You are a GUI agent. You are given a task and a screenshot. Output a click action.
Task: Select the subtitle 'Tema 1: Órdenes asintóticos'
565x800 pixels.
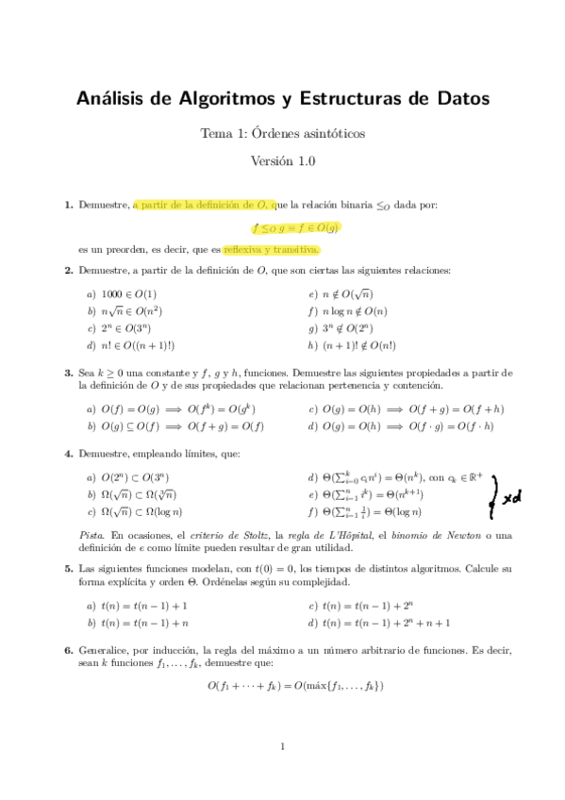pyautogui.click(x=282, y=133)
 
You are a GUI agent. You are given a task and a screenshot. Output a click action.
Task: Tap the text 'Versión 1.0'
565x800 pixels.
pyautogui.click(x=282, y=160)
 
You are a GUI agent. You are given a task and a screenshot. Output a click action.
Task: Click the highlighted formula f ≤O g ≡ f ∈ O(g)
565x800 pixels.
pyautogui.click(x=295, y=227)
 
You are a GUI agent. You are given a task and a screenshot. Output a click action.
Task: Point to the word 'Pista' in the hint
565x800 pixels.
pyautogui.click(x=91, y=534)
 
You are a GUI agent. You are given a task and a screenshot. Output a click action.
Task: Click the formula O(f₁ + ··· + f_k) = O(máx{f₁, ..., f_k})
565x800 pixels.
pyautogui.click(x=295, y=686)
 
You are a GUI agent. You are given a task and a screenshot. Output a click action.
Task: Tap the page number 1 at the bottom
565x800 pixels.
pyautogui.click(x=282, y=748)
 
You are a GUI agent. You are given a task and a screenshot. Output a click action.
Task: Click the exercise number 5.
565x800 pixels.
pyautogui.click(x=68, y=569)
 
